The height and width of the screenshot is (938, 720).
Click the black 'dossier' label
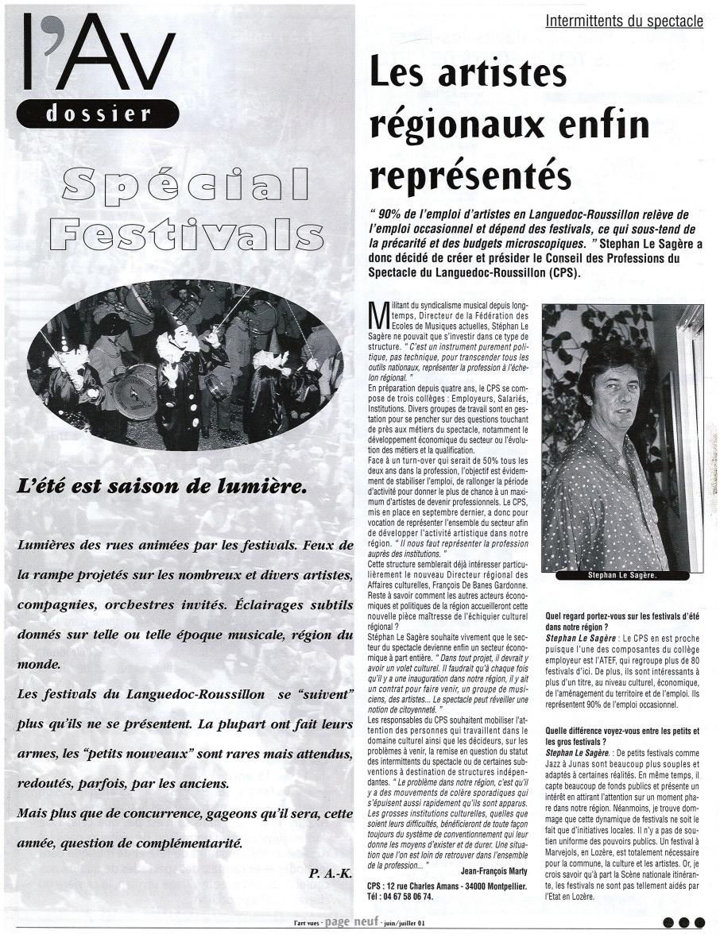pos(98,114)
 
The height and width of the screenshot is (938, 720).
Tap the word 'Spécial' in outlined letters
pos(185,184)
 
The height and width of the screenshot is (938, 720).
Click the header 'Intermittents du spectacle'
pos(624,21)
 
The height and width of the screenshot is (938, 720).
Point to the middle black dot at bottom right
pos(683,923)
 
